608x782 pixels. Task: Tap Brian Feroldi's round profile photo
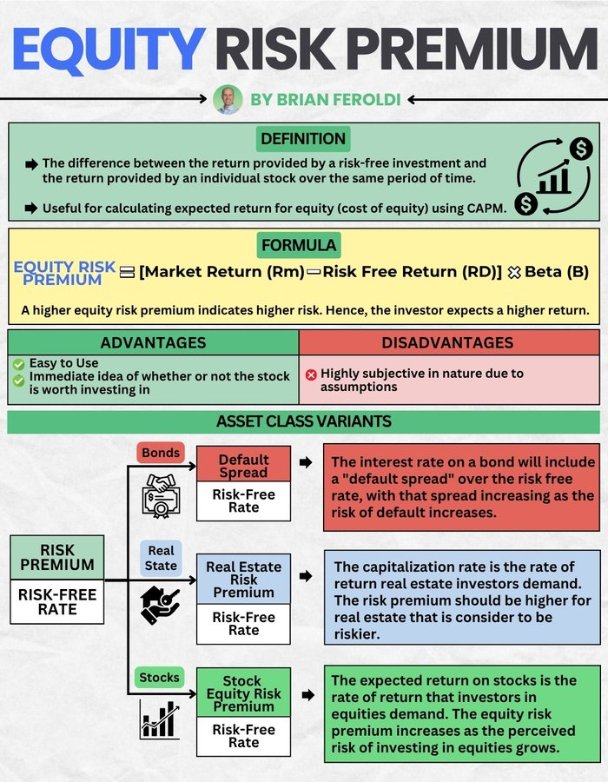[x=227, y=100]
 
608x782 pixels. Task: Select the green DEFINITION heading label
[x=303, y=138]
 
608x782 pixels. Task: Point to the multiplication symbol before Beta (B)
[x=512, y=272]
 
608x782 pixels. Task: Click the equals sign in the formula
[x=127, y=272]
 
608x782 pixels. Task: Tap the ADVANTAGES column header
[x=153, y=342]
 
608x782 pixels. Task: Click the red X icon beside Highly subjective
[x=311, y=374]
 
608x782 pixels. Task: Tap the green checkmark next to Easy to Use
[x=17, y=363]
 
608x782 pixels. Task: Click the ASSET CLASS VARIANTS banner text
[x=303, y=421]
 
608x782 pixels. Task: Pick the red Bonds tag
[x=161, y=453]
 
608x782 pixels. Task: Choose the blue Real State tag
[x=161, y=558]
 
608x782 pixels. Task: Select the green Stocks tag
[x=160, y=677]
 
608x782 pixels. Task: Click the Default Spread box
[x=243, y=467]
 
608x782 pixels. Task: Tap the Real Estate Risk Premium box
[x=243, y=580]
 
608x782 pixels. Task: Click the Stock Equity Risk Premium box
[x=243, y=693]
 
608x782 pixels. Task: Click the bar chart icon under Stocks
[x=160, y=719]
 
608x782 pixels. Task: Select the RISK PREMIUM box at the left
[x=57, y=557]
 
